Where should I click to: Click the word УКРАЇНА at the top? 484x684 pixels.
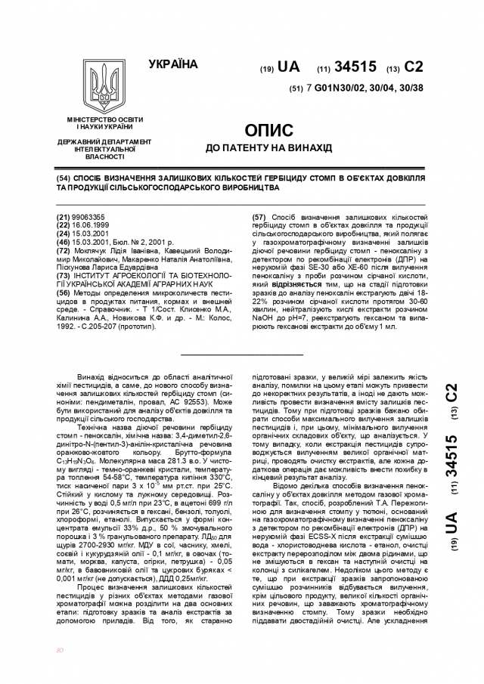pos(173,63)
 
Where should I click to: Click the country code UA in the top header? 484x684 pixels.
pos(288,67)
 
